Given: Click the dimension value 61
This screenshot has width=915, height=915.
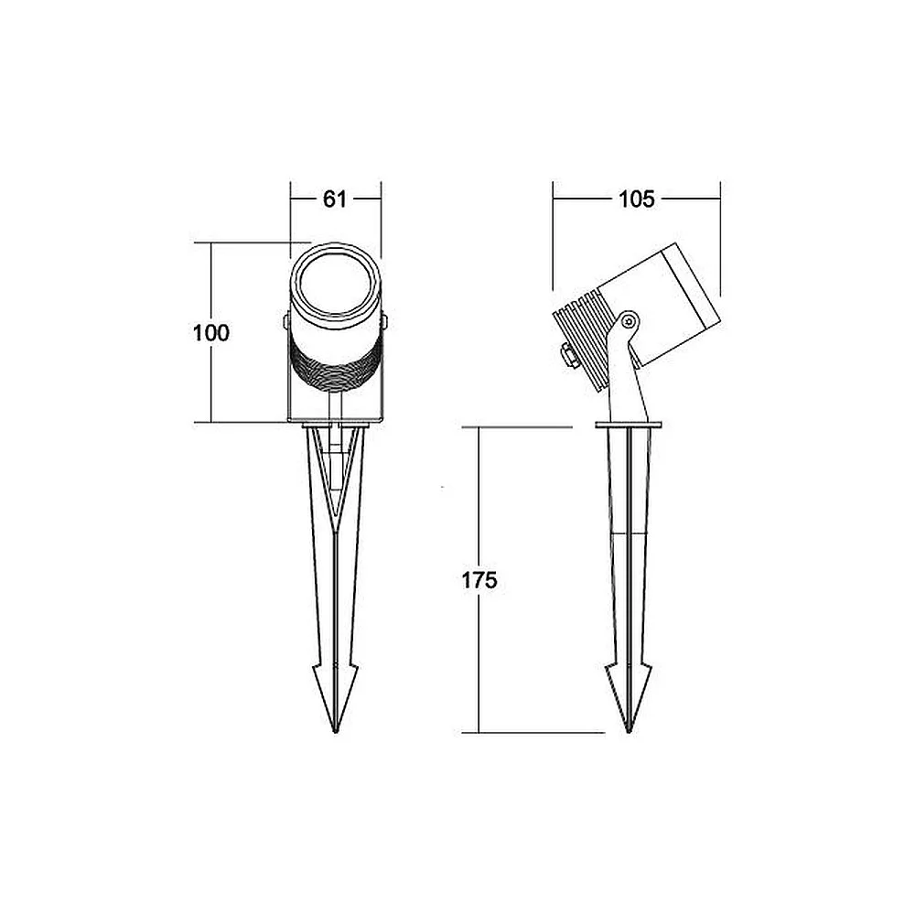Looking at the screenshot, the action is click(334, 199).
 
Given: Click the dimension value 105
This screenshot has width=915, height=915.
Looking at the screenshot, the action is click(636, 199).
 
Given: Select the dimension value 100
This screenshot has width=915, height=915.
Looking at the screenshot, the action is click(211, 333).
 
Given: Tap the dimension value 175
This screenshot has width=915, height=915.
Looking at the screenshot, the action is click(479, 580).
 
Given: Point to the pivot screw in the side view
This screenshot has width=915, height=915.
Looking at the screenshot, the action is click(629, 320).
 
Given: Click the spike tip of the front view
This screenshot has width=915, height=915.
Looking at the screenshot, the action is click(336, 732).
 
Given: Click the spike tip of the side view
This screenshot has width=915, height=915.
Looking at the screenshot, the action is click(630, 732).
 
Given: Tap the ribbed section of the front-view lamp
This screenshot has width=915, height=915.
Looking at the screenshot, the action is click(336, 365).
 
